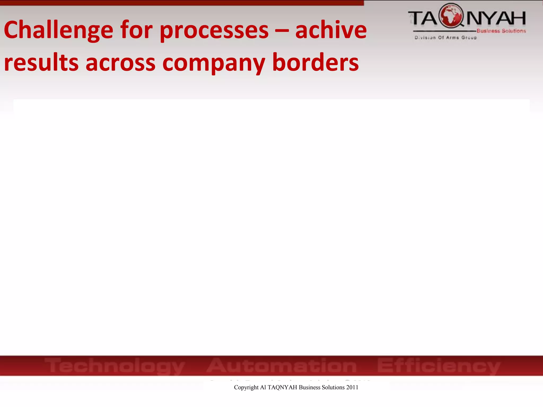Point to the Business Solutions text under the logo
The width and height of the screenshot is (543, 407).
pyautogui.click(x=501, y=31)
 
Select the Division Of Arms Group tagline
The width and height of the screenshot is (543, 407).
pyautogui.click(x=446, y=38)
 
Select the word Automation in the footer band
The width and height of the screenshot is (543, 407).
pyautogui.click(x=281, y=365)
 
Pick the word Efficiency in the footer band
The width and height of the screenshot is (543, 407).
pyautogui.click(x=439, y=366)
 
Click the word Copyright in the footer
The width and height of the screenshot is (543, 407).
pyautogui.click(x=246, y=387)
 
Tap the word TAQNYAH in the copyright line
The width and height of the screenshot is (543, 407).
pyautogui.click(x=282, y=387)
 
